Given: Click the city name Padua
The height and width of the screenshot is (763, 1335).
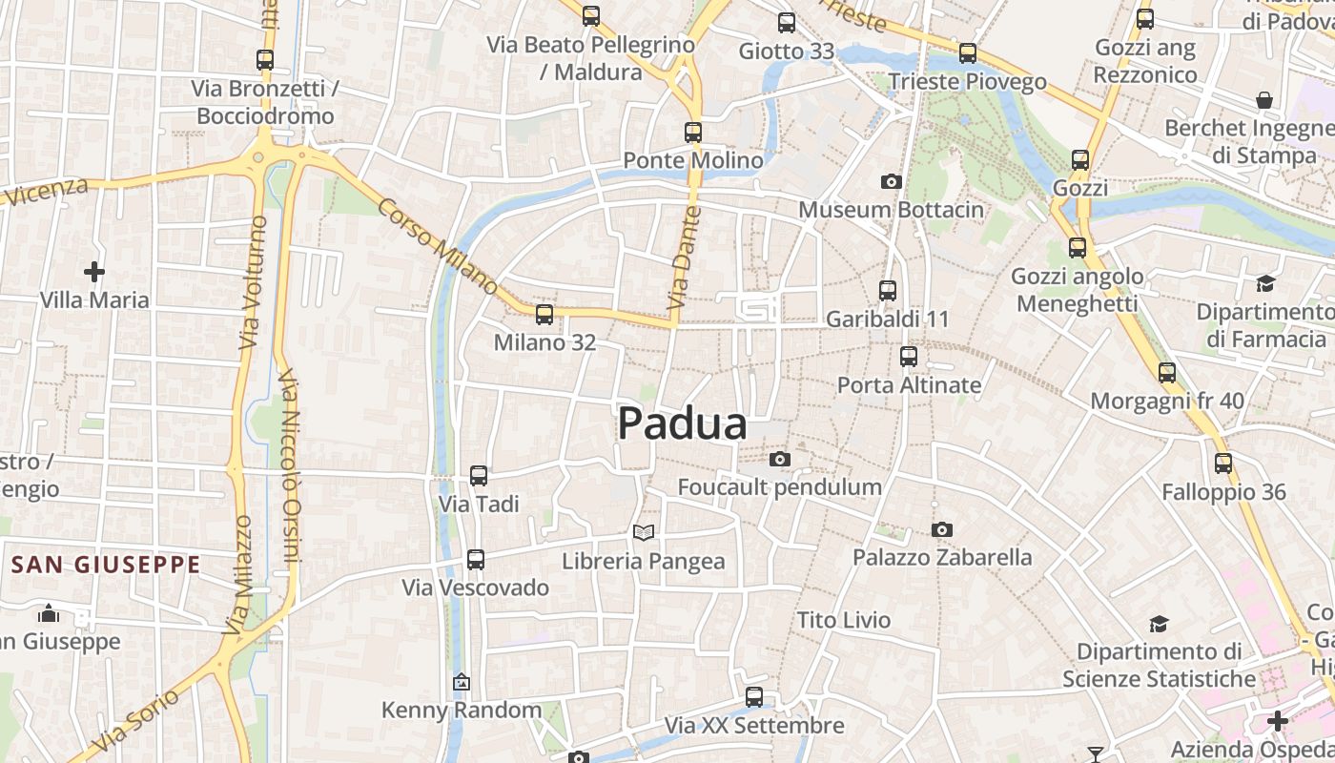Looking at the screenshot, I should tap(683, 424).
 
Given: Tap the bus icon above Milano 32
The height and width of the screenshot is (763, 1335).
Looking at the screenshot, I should tap(544, 314).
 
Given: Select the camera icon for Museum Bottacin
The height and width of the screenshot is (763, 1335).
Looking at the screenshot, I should tap(891, 181).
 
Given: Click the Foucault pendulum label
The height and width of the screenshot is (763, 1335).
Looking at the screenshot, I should tap(779, 487).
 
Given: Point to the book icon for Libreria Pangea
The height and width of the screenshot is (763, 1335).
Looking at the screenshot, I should tap(645, 532).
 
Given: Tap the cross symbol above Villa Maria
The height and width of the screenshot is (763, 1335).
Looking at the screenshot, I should tap(94, 273).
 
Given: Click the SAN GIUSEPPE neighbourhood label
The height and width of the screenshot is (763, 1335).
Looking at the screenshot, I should tap(106, 565).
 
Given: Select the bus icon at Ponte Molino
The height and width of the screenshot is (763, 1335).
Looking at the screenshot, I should tap(693, 133).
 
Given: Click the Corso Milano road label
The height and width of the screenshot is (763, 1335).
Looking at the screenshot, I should tap(438, 246).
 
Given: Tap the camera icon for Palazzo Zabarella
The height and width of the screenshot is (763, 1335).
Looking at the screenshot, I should tap(942, 529).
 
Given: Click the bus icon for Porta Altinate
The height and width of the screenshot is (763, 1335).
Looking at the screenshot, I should tap(909, 357).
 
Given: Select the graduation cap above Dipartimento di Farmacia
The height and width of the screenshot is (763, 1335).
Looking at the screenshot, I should tap(1265, 283).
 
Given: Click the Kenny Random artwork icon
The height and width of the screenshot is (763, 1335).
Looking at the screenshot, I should tap(462, 682).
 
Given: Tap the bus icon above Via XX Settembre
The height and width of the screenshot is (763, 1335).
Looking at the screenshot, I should tap(754, 697).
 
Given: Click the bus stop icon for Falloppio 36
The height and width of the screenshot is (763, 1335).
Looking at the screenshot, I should tap(1223, 464).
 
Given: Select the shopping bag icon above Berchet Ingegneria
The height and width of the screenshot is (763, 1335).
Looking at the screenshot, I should tap(1264, 100).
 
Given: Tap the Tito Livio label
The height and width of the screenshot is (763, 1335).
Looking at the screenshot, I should tap(844, 620).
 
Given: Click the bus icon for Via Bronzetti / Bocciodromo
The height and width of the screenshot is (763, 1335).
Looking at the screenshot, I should tap(265, 60).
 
